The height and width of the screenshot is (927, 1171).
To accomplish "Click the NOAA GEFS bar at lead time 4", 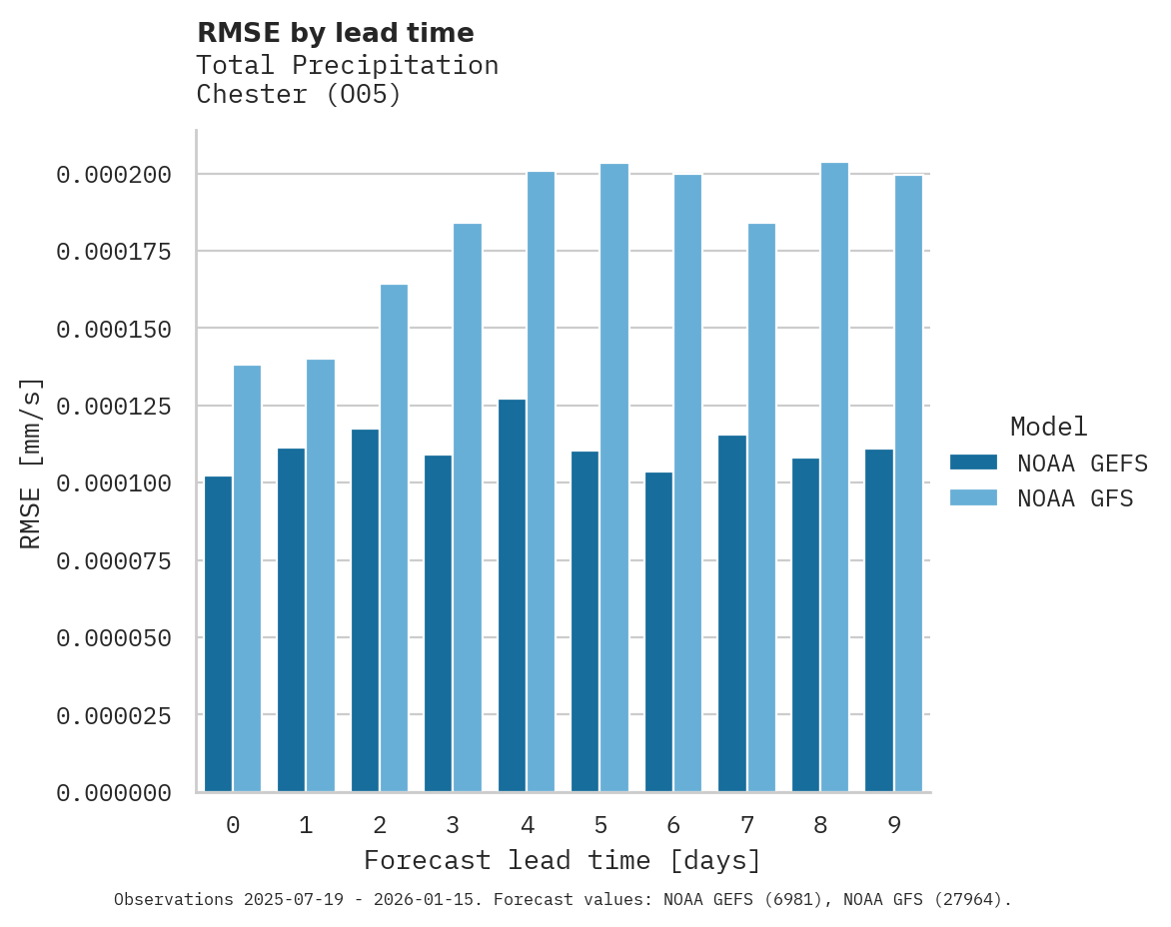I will tap(512, 595).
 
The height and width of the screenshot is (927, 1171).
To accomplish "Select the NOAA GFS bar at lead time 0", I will tap(247, 578).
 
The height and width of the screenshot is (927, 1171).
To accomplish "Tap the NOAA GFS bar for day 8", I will tap(834, 477).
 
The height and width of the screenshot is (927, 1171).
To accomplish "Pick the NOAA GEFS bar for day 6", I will tap(658, 631).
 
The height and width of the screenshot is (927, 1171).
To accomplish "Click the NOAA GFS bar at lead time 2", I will tap(394, 537).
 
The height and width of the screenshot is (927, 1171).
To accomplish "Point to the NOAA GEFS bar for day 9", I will tap(879, 620).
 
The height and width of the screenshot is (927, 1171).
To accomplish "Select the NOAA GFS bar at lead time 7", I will tap(761, 507).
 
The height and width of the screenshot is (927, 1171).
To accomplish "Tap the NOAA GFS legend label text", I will tap(1075, 498).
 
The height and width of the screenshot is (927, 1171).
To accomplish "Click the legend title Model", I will tap(1048, 428).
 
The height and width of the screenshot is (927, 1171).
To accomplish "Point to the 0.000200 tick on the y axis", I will tap(114, 175).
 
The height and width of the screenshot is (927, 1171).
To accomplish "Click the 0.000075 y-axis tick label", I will tap(114, 561).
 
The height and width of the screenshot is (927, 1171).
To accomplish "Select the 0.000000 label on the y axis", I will tap(114, 793).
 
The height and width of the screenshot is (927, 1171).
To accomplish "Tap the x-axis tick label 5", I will tap(599, 825).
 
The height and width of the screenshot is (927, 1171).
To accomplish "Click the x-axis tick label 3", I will tap(453, 825).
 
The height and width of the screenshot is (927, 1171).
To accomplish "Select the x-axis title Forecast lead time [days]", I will tap(562, 860).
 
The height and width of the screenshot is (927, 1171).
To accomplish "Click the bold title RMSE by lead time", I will tap(335, 33).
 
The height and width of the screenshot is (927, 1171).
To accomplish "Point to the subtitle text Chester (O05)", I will tap(298, 95).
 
